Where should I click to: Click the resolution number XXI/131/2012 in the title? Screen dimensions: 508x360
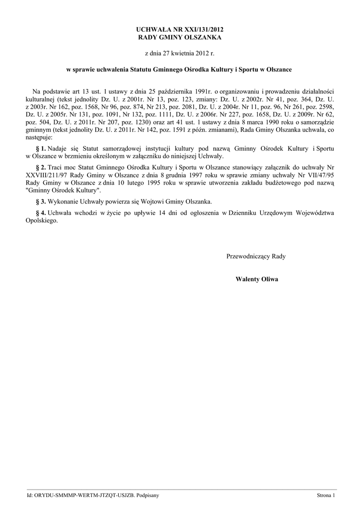[203, 30]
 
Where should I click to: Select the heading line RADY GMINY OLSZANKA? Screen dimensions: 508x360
[180, 37]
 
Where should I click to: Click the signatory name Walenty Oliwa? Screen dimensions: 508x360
[257, 279]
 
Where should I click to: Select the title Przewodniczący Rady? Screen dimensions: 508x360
[256, 256]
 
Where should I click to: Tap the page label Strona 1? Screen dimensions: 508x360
[326, 496]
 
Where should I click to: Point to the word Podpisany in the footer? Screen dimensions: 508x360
[147, 496]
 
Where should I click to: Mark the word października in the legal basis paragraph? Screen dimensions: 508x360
[185, 92]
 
